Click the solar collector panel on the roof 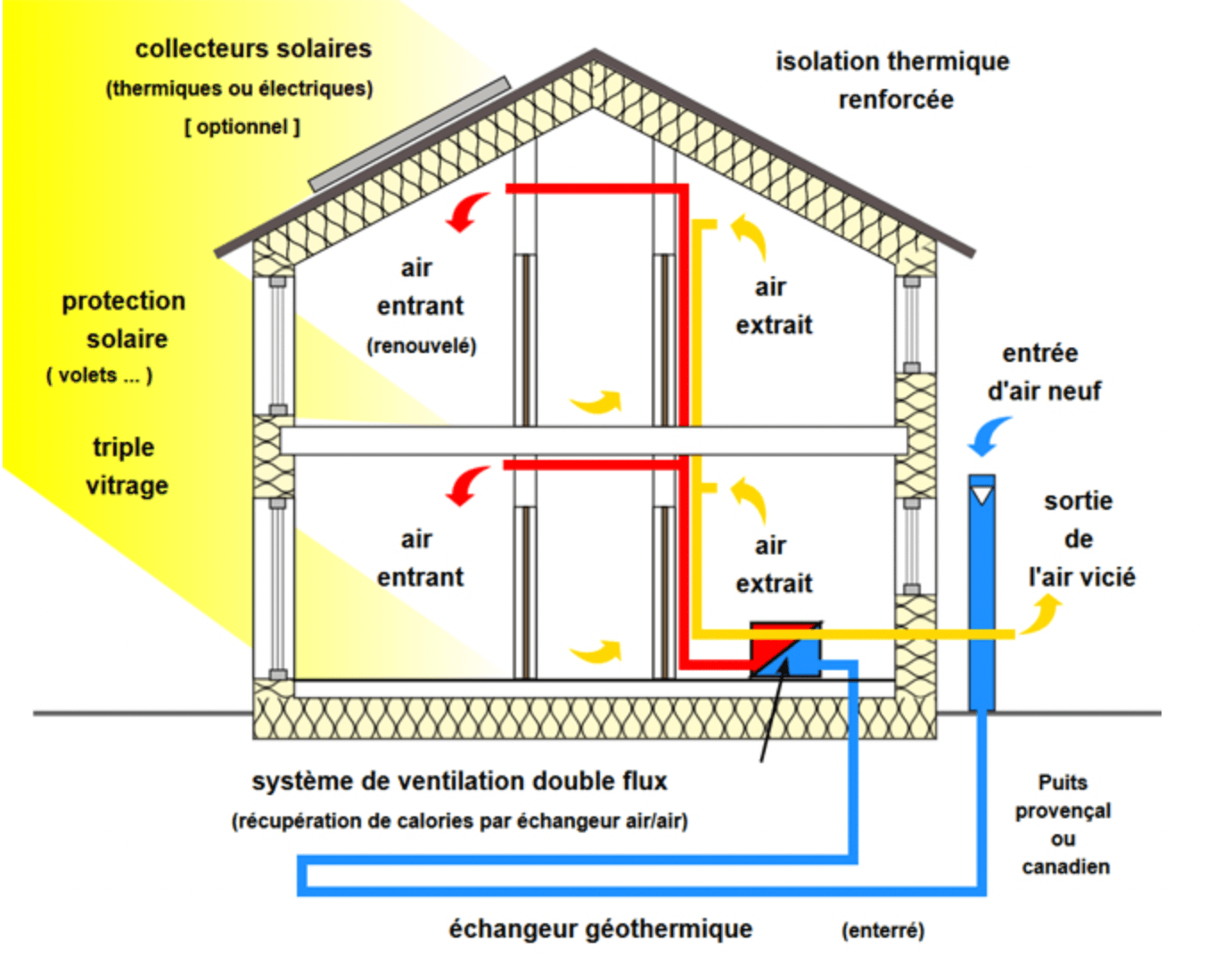click(x=410, y=135)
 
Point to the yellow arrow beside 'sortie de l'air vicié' click(x=1041, y=614)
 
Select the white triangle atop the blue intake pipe click(x=981, y=493)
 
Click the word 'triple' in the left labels click(x=123, y=447)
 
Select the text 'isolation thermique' click(x=892, y=61)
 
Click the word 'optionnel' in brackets click(x=242, y=127)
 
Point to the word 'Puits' click(x=1063, y=782)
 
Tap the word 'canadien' click(x=1065, y=866)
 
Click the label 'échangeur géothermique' click(x=600, y=929)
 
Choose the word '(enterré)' click(x=883, y=930)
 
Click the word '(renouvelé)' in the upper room click(x=421, y=346)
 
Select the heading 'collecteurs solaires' click(x=253, y=48)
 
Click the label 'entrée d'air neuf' click(x=1043, y=373)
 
